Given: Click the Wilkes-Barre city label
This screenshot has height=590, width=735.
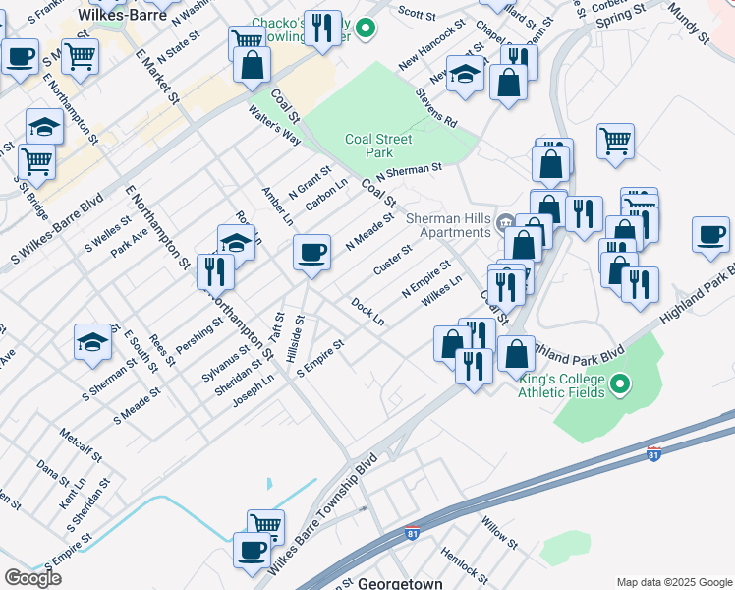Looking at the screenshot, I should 122,16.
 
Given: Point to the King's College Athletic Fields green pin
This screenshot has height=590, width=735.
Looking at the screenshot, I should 620,383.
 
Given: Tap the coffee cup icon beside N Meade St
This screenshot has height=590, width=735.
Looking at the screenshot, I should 311,253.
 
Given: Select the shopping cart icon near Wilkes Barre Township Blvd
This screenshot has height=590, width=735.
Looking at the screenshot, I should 265,525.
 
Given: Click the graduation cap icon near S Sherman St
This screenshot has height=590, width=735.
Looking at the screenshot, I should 92,340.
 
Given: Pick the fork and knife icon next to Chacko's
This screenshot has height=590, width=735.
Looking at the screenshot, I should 322,29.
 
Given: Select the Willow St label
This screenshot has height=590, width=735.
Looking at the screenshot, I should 499,529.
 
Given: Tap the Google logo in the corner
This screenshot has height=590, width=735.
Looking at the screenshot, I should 32,578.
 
